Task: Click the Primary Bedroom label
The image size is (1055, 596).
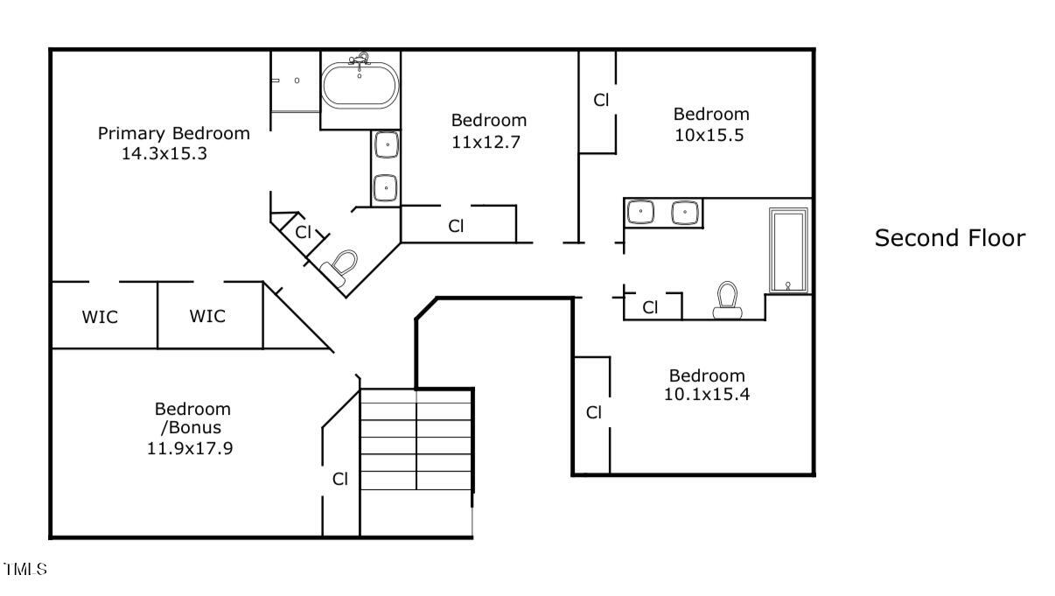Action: click(173, 133)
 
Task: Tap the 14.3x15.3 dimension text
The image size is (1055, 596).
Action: click(164, 153)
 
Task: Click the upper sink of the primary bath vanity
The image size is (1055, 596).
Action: click(387, 144)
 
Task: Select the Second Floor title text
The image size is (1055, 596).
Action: click(950, 238)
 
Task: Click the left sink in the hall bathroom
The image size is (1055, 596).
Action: click(643, 212)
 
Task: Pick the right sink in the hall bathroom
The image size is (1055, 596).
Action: click(683, 212)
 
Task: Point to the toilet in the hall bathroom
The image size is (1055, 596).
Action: click(728, 299)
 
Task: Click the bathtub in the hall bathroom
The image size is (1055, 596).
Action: click(788, 250)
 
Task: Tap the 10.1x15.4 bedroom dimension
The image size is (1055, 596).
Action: click(707, 394)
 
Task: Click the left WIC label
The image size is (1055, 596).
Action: click(100, 317)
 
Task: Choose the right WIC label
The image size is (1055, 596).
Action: click(207, 316)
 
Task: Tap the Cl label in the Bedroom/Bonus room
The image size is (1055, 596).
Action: click(340, 479)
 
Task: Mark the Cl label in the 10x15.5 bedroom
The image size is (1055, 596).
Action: click(601, 100)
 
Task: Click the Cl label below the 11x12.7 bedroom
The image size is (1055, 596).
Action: click(456, 226)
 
